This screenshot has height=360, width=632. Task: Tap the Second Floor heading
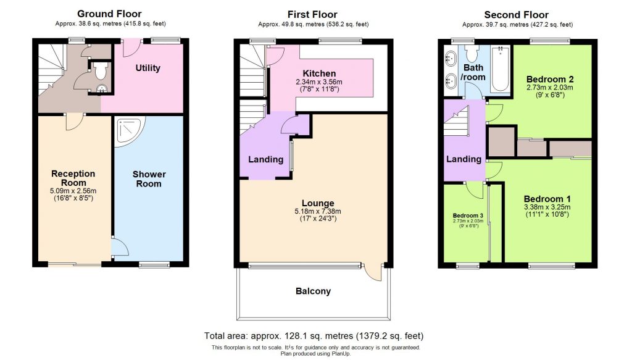click(516, 15)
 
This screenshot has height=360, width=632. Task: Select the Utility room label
click(148, 68)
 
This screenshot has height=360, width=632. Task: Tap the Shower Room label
click(149, 179)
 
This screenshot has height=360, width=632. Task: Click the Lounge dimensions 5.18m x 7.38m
click(318, 212)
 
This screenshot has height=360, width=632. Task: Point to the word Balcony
click(313, 291)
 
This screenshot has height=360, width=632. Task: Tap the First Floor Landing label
click(265, 159)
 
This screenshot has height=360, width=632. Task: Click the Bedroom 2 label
click(550, 79)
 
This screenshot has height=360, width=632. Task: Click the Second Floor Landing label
click(464, 159)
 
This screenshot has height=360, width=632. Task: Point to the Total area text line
click(314, 336)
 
